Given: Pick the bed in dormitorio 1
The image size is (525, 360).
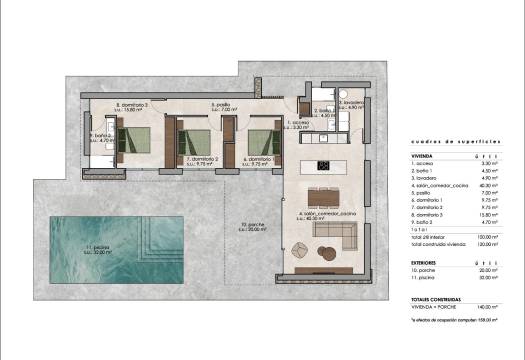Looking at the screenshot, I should [262, 139].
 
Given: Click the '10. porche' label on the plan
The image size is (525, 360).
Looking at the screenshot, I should [239, 225].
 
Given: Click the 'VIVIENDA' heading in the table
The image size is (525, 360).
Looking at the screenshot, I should [422, 157].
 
